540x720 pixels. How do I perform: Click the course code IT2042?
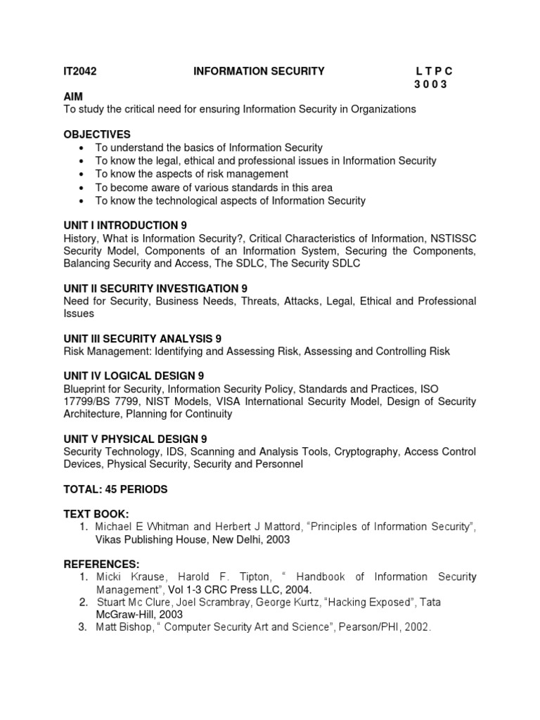[x=80, y=71]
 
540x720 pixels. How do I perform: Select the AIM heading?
[x=73, y=96]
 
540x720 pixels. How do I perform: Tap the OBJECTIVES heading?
[x=97, y=134]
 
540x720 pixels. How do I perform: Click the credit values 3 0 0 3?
[x=430, y=84]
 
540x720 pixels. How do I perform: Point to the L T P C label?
[x=435, y=71]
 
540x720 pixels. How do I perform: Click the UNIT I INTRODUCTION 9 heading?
[x=125, y=226]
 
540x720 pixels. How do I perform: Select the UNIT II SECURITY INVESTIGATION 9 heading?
[x=155, y=289]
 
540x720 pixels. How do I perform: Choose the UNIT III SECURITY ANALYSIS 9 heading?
[x=143, y=339]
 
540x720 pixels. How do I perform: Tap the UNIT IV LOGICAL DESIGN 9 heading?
[x=134, y=376]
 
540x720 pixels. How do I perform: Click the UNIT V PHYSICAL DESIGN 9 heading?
[x=135, y=439]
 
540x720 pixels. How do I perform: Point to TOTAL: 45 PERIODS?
[x=115, y=489]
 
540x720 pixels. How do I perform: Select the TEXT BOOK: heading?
[x=96, y=514]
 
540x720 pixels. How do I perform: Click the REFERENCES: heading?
[x=101, y=564]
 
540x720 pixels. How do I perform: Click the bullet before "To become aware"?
[x=83, y=188]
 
